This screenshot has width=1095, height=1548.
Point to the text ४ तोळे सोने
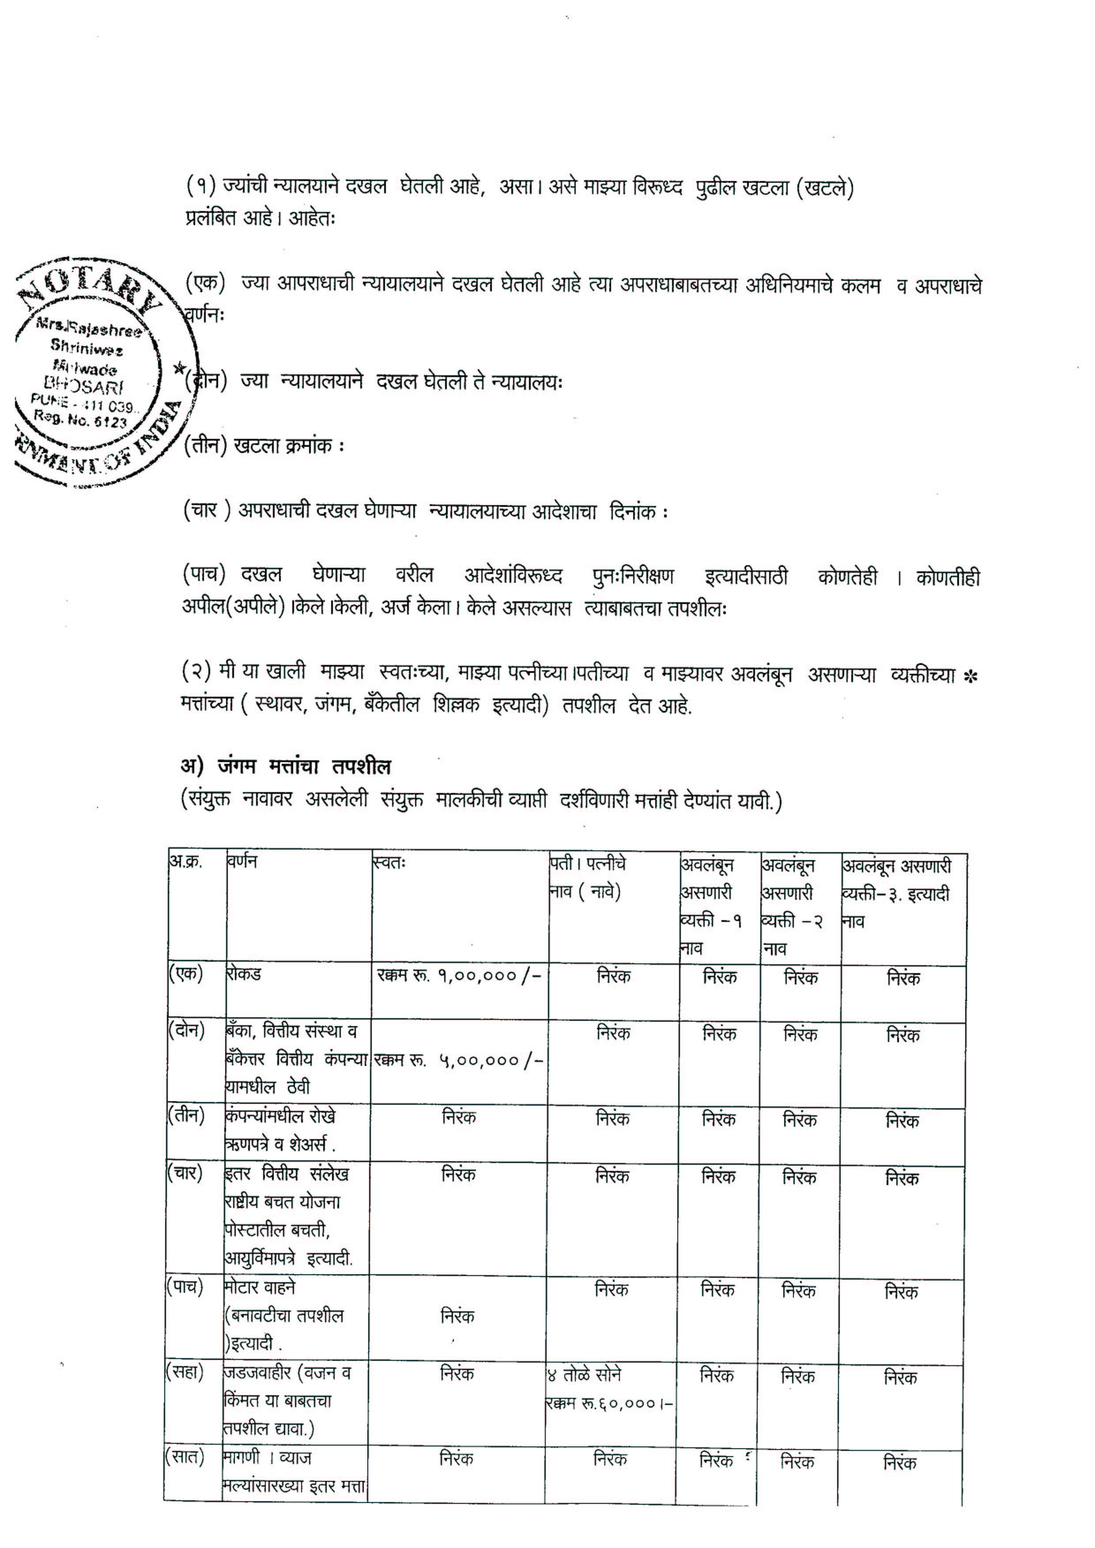(x=584, y=1375)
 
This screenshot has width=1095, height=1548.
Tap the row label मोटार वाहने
(x=260, y=1288)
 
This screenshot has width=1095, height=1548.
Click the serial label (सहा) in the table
(x=185, y=1374)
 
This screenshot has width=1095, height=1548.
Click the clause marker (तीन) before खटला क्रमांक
(x=205, y=446)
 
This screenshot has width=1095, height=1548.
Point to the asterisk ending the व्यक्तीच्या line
(x=971, y=676)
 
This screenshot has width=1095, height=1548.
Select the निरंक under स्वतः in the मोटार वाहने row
(x=457, y=1316)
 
